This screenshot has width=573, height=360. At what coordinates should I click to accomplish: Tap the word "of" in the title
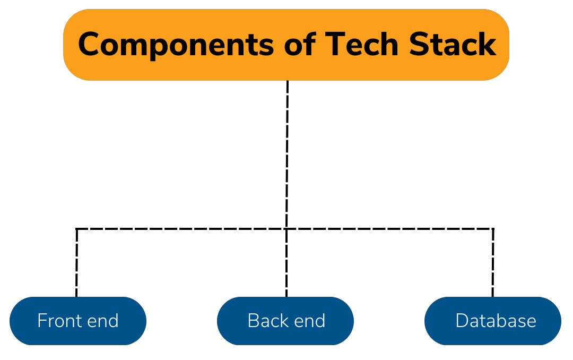300,45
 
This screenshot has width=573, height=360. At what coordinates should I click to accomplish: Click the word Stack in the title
452,45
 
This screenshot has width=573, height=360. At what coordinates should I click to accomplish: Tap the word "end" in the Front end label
103,321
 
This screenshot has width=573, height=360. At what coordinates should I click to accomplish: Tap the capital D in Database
462,321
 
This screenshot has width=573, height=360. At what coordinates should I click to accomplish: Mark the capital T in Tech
334,45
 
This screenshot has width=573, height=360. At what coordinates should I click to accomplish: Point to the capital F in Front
41,321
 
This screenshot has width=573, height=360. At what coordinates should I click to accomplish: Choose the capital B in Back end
253,321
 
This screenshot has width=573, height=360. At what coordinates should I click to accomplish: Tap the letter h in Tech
388,45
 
